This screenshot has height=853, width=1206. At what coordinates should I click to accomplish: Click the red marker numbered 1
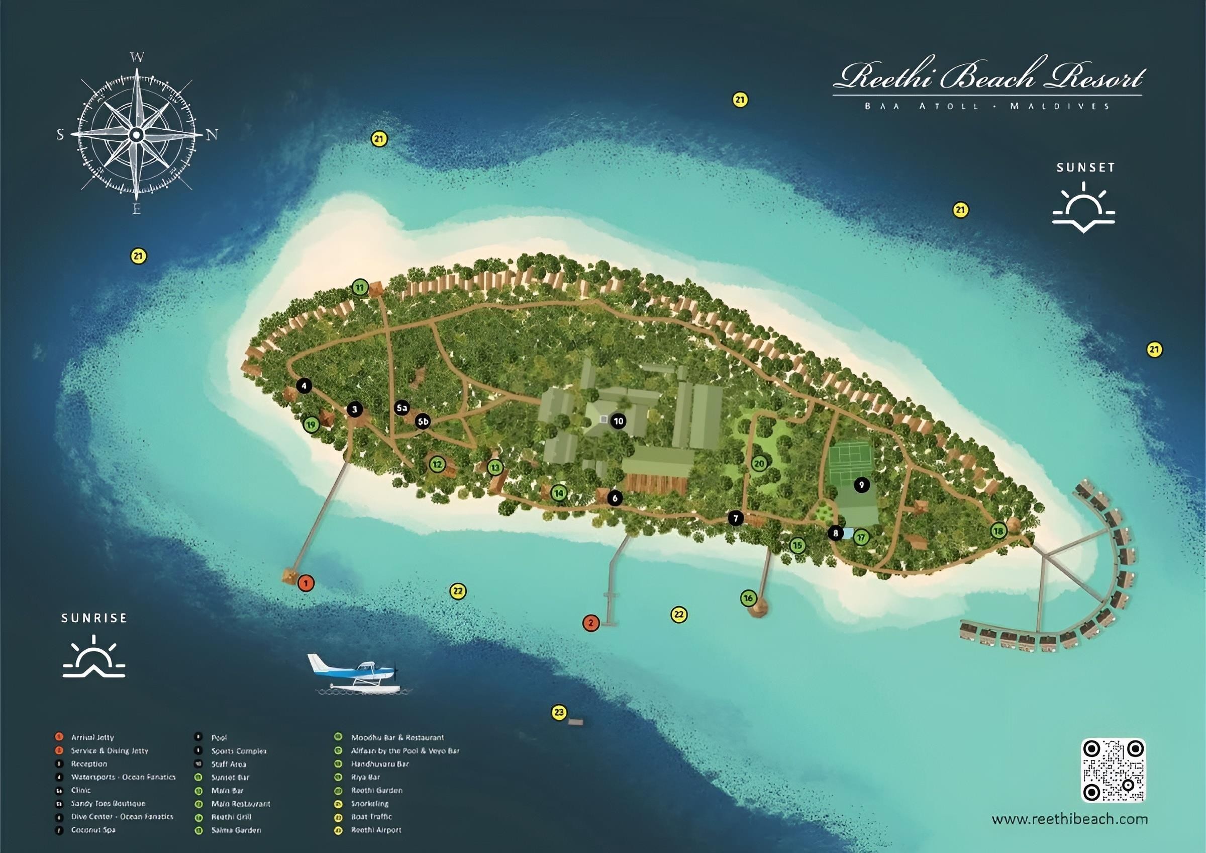point(306,583)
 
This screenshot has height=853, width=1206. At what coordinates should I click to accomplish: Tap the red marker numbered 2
point(591,623)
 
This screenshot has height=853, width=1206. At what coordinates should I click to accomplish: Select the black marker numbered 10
point(618,421)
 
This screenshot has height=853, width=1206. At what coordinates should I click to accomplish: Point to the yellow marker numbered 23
point(559,713)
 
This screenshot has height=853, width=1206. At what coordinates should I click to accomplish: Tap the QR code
point(1113,771)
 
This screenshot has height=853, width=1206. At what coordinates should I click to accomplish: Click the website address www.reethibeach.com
point(1069,819)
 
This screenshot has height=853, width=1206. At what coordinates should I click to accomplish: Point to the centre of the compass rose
point(137,135)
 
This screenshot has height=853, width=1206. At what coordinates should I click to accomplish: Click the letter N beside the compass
point(212,136)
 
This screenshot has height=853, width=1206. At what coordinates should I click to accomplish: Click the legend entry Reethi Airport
point(376,830)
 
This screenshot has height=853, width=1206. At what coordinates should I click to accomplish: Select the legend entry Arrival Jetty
point(92,737)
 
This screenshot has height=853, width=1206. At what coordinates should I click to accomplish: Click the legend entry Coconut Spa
point(93,830)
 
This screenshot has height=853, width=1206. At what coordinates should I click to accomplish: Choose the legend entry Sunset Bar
point(230,778)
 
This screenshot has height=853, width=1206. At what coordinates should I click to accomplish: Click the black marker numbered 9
point(861,484)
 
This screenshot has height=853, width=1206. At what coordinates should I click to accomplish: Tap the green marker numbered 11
point(359,288)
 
